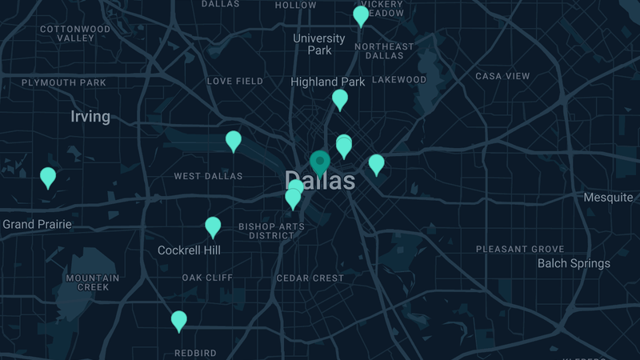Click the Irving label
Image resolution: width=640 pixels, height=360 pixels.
coord(90,117)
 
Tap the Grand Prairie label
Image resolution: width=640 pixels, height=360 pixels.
coord(37,225)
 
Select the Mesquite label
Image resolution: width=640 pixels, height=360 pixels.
coord(607,198)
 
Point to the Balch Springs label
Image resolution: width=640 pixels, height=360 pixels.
coord(574,263)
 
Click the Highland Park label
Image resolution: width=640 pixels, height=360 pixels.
coord(327,82)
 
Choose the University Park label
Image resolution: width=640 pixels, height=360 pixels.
coord(319,44)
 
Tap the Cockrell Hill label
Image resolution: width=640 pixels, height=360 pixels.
coord(189,250)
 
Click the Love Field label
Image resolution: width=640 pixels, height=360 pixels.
coord(235,82)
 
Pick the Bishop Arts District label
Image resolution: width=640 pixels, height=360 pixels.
coord(271,231)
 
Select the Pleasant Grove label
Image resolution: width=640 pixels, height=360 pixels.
coord(520,250)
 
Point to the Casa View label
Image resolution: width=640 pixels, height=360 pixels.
coord(502,76)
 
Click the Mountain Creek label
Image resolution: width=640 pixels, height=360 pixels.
coord(93,282)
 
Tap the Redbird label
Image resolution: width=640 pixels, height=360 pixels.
coord(195,353)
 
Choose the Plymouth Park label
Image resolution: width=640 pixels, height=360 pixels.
coord(64,82)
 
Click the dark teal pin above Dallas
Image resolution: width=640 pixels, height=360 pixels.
coord(320,163)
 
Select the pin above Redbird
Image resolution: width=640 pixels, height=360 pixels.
coord(179,321)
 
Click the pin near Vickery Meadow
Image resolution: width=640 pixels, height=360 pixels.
coord(361,15)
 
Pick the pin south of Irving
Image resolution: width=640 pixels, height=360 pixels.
coord(48,177)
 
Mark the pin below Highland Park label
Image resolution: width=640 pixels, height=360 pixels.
coord(340,99)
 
